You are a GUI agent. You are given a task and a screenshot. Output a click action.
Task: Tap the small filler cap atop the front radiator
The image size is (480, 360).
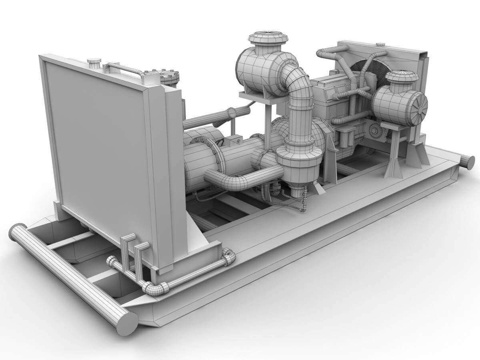94,63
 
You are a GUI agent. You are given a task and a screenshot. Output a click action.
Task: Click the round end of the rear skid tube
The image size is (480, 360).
467,162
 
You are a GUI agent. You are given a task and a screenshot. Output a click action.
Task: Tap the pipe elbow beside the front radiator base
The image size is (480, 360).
228,257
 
